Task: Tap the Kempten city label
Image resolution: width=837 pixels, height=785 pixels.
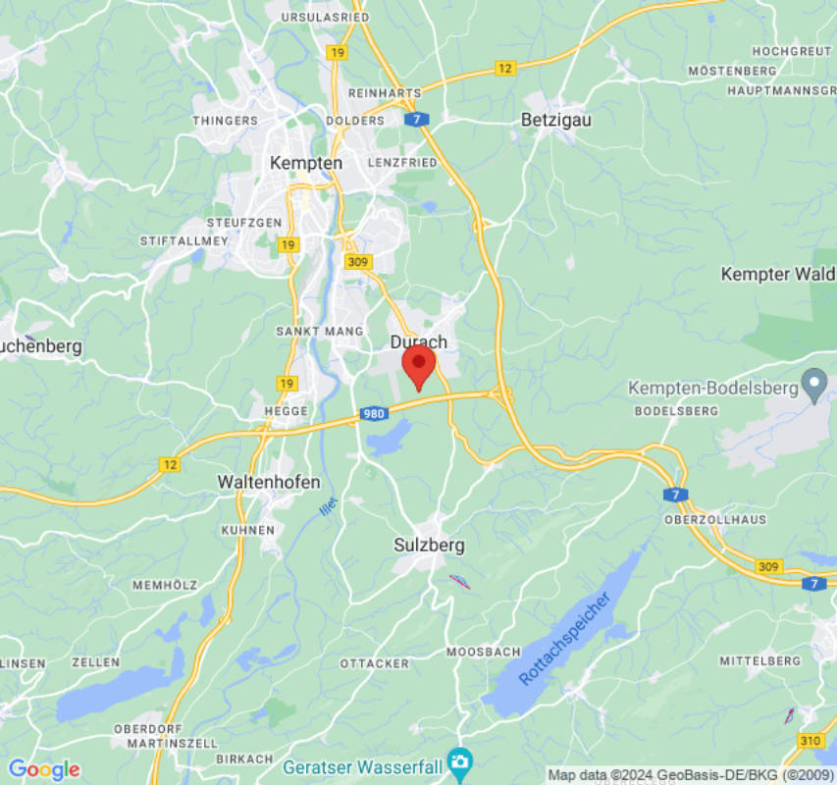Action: click(x=307, y=163)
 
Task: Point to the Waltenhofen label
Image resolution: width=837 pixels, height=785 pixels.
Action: click(x=255, y=482)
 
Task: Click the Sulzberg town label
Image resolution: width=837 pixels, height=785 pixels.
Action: click(x=429, y=545)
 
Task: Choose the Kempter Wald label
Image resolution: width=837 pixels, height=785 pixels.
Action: click(x=778, y=274)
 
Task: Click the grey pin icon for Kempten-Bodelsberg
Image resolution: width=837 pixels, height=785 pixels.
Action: click(x=813, y=385)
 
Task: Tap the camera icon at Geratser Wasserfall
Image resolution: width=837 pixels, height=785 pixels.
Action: click(x=458, y=761)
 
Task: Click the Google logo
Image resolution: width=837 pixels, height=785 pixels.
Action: click(x=43, y=770)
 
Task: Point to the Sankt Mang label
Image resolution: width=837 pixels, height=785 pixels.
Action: click(x=320, y=332)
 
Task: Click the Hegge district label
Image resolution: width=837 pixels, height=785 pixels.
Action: click(x=286, y=411)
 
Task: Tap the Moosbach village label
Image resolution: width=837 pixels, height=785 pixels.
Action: click(x=483, y=652)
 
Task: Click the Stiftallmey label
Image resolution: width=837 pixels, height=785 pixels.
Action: click(x=184, y=240)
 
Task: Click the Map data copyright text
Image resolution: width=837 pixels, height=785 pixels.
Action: click(x=688, y=774)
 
